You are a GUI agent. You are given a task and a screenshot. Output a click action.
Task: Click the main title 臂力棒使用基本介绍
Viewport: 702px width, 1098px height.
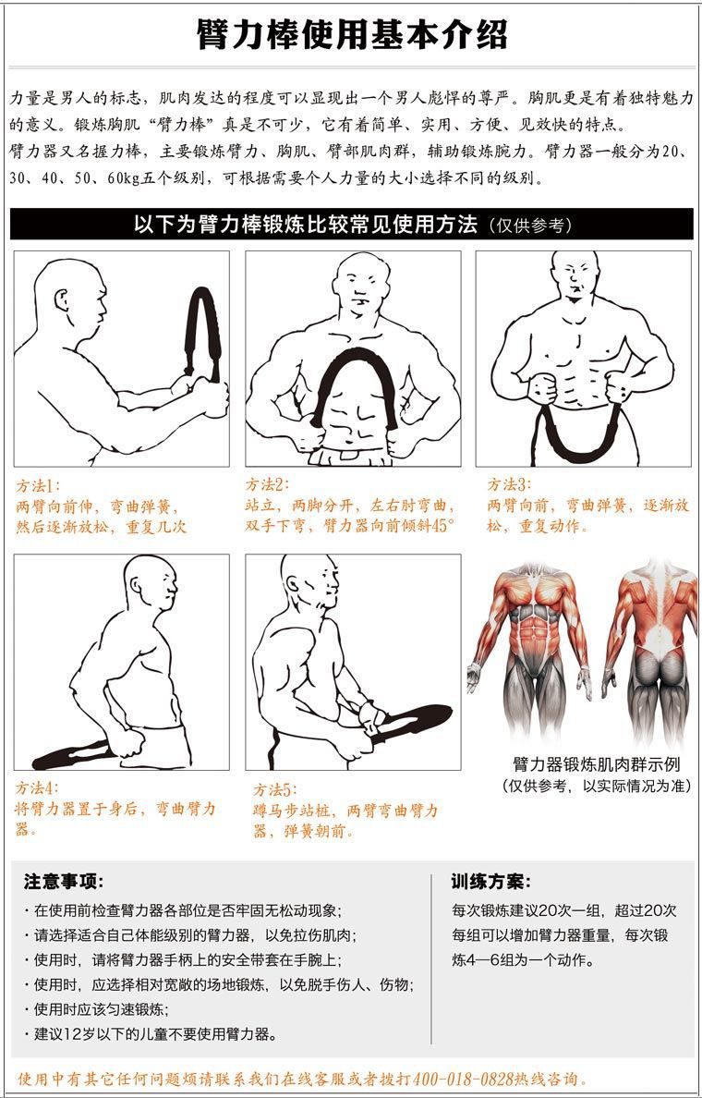coord(351,34)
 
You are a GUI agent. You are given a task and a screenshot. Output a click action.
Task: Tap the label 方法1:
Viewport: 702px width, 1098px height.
coord(38,484)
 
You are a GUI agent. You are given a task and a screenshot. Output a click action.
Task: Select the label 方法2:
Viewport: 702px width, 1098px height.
coord(267,484)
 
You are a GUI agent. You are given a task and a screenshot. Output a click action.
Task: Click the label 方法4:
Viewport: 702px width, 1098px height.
coord(37,788)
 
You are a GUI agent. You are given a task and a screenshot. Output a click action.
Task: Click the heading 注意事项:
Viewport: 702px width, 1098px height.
coord(64,881)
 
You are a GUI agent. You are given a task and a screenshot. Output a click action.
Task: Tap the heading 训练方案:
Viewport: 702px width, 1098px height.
coord(491,881)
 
